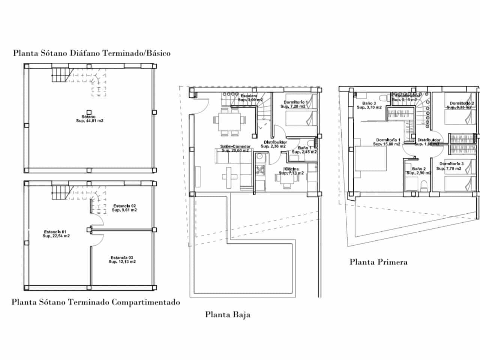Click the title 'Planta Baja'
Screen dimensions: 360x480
[228, 315]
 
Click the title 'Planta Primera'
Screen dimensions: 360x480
[378, 262]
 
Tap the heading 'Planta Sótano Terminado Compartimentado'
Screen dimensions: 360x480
[96, 302]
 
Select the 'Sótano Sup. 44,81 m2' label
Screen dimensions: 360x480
[89, 119]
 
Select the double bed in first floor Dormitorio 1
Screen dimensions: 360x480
[370, 159]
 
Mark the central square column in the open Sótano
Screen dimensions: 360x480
[89, 112]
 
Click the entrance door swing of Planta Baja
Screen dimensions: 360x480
[201, 105]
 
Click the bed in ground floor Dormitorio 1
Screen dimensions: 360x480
[300, 119]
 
